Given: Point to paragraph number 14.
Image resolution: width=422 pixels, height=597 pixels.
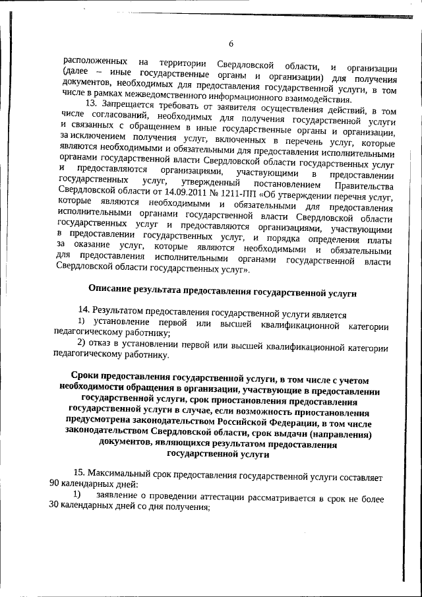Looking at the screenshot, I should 84,309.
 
